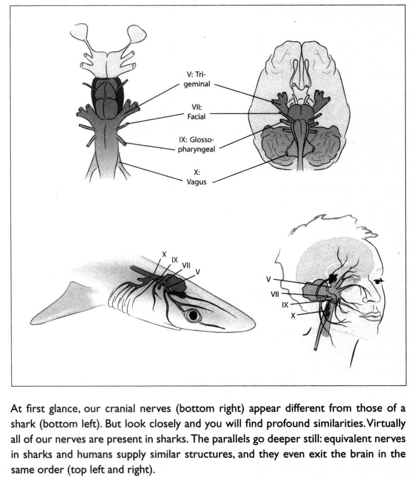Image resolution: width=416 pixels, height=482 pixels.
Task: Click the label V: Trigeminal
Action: (197, 80)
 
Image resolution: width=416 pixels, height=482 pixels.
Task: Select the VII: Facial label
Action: (196, 112)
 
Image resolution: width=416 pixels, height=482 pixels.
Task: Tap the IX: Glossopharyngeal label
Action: (196, 144)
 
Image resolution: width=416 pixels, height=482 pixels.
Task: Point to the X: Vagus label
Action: (196, 177)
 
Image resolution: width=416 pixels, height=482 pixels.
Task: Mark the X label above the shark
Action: (164, 254)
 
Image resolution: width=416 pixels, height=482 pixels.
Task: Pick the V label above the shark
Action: (198, 271)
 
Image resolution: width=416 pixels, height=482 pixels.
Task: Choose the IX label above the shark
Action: (175, 259)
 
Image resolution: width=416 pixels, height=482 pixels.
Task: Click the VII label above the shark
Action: (186, 265)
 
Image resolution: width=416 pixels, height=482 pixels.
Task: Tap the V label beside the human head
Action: (268, 279)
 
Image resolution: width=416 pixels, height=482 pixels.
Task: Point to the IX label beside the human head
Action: (285, 305)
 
